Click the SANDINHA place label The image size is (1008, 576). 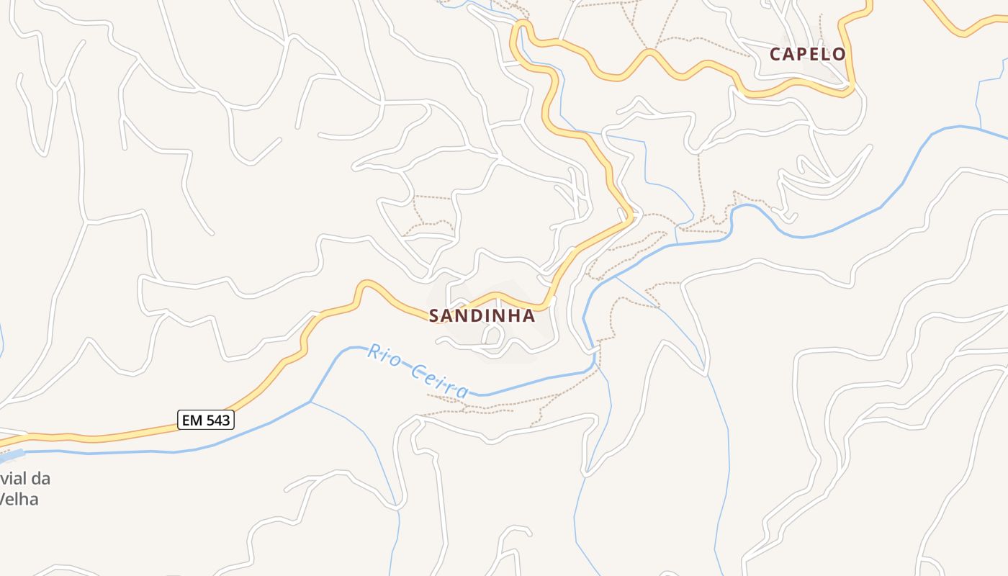pyautogui.click(x=482, y=316)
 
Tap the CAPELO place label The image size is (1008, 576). pyautogui.click(x=807, y=54)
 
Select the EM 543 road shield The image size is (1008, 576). pyautogui.click(x=207, y=420)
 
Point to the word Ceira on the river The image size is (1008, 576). pyautogui.click(x=439, y=381)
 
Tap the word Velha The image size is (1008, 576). pyautogui.click(x=19, y=499)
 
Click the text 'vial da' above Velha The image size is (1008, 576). pyautogui.click(x=25, y=479)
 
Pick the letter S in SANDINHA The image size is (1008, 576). pyautogui.click(x=434, y=316)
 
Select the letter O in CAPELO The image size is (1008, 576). pyautogui.click(x=838, y=54)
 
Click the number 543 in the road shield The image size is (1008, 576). pyautogui.click(x=217, y=420)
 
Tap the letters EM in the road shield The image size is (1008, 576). pyautogui.click(x=192, y=420)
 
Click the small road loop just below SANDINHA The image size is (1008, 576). pyautogui.click(x=493, y=335)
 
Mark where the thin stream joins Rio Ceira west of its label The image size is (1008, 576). pyautogui.click(x=310, y=402)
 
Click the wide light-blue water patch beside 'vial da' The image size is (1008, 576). pyautogui.click(x=11, y=456)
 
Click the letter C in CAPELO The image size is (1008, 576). pyautogui.click(x=775, y=54)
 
